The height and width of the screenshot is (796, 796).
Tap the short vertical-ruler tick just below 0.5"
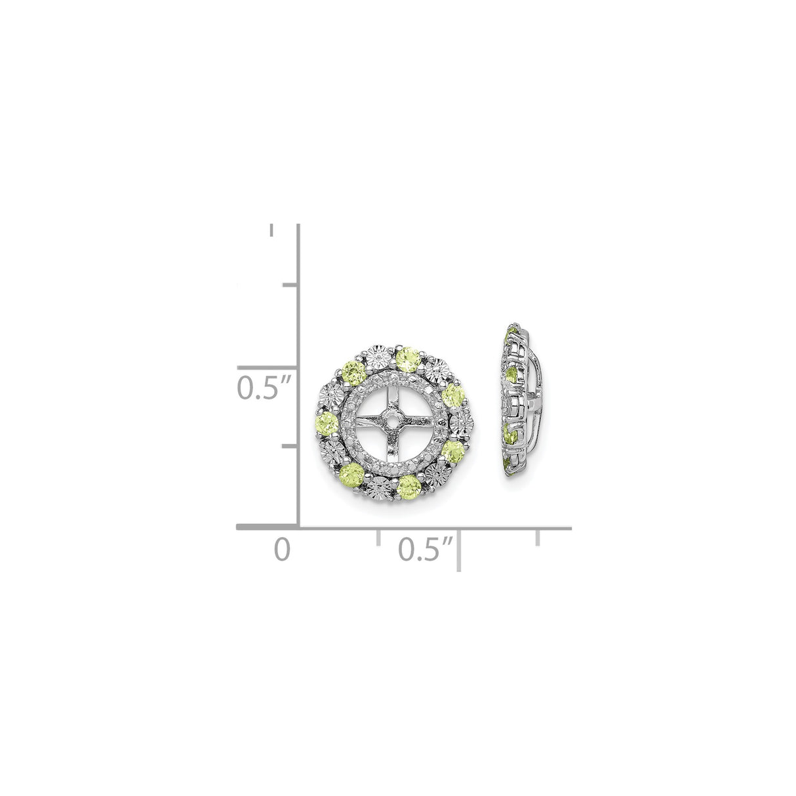coord(287,446)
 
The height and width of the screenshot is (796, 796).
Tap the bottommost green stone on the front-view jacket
coord(408,485)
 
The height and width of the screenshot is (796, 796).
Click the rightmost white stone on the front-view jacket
coord(466,420)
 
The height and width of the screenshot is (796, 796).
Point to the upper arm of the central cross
coord(392,395)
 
